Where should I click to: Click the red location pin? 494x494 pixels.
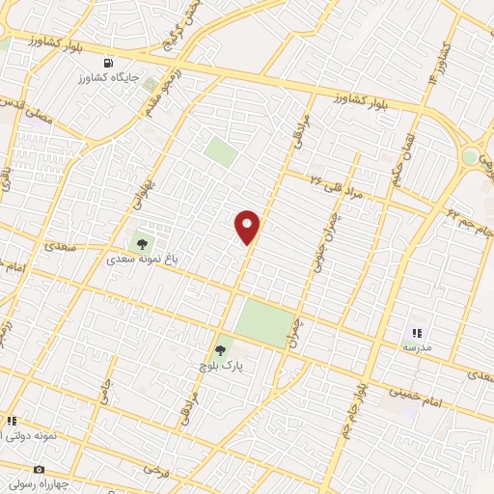[247, 227]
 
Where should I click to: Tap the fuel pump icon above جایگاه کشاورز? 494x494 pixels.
[122, 63]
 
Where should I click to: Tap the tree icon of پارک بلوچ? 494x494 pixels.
[220, 350]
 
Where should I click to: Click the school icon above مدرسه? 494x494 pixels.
[417, 331]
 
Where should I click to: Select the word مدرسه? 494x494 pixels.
[417, 345]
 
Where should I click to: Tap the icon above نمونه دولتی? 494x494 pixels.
[13, 421]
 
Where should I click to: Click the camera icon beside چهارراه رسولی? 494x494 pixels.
[12, 470]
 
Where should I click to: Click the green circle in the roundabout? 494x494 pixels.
[470, 156]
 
